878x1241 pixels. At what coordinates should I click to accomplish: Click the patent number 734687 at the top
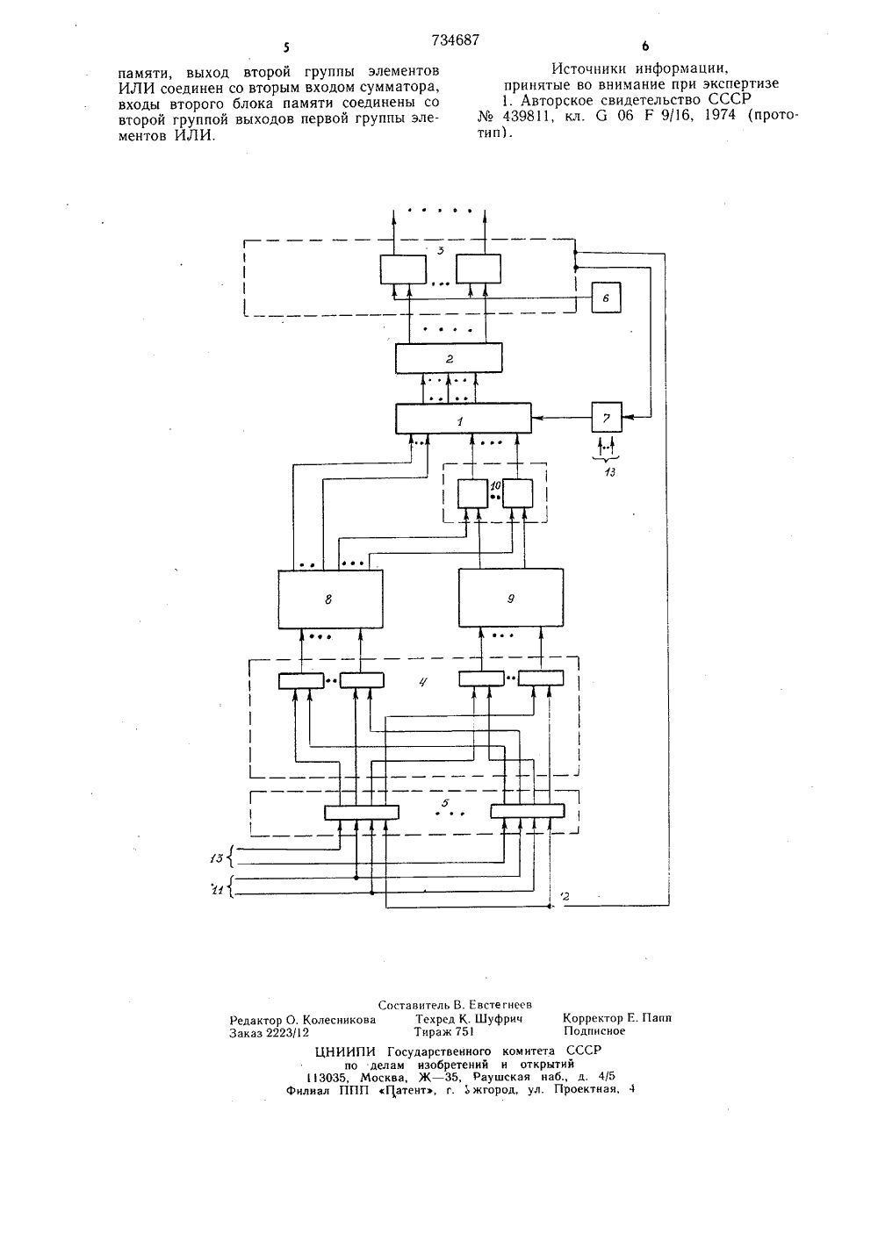pyautogui.click(x=455, y=39)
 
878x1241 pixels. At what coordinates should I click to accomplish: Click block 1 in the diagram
pyautogui.click(x=463, y=418)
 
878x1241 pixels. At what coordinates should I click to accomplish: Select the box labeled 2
pyautogui.click(x=449, y=358)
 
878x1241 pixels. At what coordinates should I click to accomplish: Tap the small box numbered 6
pyautogui.click(x=606, y=298)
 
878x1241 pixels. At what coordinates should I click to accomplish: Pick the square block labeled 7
pyautogui.click(x=607, y=417)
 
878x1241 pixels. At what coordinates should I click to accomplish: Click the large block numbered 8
pyautogui.click(x=330, y=599)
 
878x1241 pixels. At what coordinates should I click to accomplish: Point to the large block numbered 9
pyautogui.click(x=510, y=598)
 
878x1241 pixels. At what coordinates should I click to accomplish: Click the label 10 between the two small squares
pyautogui.click(x=495, y=485)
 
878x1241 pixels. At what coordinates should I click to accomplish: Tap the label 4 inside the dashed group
pyautogui.click(x=422, y=683)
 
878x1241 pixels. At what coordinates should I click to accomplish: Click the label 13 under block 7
pyautogui.click(x=609, y=472)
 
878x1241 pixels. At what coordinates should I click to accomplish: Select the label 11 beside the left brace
pyautogui.click(x=218, y=890)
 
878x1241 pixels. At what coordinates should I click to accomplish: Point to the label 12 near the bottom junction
pyautogui.click(x=565, y=896)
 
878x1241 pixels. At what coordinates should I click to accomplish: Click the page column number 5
pyautogui.click(x=286, y=48)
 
